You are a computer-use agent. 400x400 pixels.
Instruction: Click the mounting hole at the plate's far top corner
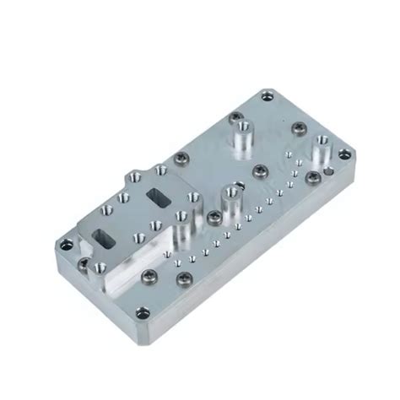pyautogui.click(x=268, y=96)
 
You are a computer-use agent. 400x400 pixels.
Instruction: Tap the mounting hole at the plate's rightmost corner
pyautogui.click(x=343, y=154)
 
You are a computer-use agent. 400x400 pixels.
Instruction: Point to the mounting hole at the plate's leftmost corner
pyautogui.click(x=64, y=247)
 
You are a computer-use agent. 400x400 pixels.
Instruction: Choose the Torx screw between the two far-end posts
pyautogui.click(x=298, y=128)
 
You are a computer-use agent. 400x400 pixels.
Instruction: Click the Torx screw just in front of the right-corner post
pyautogui.click(x=313, y=177)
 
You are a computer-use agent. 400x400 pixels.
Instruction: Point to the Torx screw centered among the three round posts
pyautogui.click(x=261, y=173)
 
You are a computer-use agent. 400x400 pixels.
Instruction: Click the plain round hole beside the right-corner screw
pyautogui.click(x=333, y=172)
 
